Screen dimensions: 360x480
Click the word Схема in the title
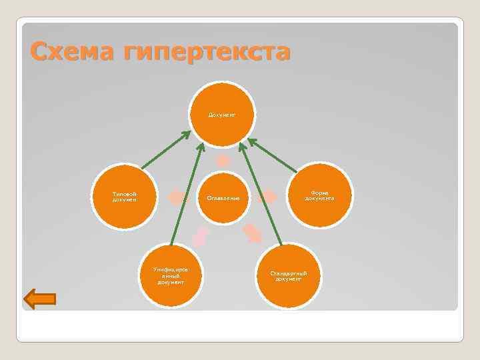click(x=71, y=52)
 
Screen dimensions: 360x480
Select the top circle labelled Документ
click(x=223, y=115)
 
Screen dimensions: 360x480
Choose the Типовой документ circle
click(x=125, y=196)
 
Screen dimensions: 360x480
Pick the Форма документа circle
click(x=320, y=196)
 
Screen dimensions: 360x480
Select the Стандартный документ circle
click(x=288, y=275)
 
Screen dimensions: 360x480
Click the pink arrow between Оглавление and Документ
click(x=223, y=161)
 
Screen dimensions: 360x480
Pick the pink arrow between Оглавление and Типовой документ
click(x=177, y=197)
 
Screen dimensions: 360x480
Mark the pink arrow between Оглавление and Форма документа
click(x=268, y=197)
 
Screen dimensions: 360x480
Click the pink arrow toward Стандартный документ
click(x=253, y=233)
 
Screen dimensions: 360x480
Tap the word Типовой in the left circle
click(x=125, y=193)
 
